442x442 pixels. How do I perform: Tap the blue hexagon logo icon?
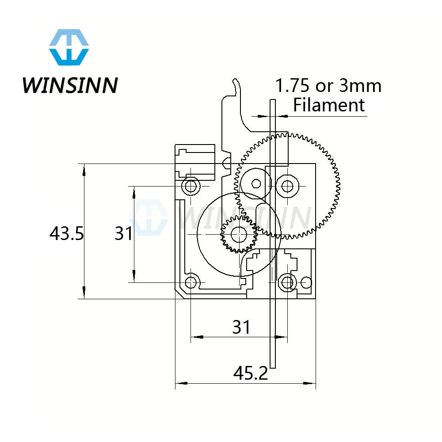[x=69, y=47]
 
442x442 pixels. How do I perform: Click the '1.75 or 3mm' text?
[x=328, y=85]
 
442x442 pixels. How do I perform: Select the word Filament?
[x=329, y=105]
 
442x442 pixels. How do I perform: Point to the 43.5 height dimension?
[x=66, y=233]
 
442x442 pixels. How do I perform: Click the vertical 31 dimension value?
[x=124, y=233]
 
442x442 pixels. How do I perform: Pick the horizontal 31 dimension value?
[x=241, y=327]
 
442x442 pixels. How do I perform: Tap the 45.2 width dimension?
[x=251, y=374]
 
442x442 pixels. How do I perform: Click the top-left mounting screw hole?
[x=191, y=186]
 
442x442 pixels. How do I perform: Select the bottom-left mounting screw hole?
[x=191, y=282]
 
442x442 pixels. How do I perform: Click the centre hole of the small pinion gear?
[x=239, y=234]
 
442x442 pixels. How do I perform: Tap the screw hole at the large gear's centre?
[x=287, y=186]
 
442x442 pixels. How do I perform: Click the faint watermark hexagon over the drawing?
[x=149, y=218]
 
